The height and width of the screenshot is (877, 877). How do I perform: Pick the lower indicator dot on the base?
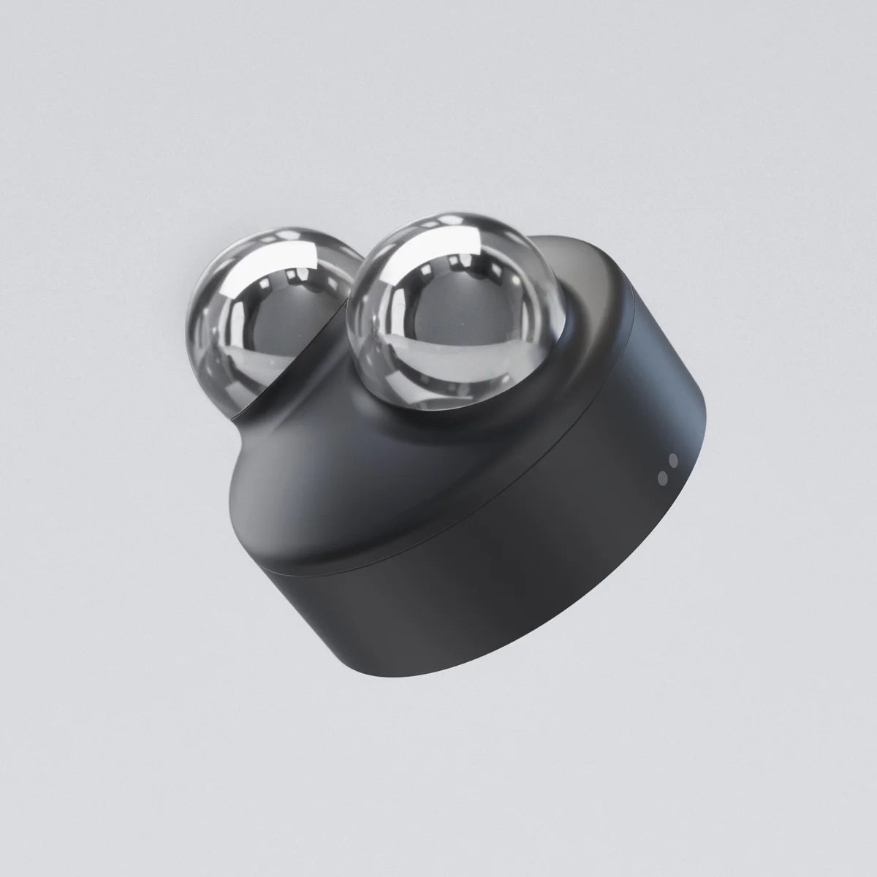point(662,477)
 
